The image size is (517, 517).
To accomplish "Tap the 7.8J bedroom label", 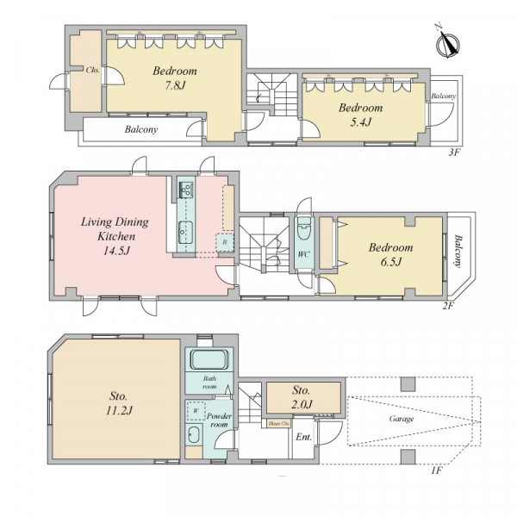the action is tap(175, 78).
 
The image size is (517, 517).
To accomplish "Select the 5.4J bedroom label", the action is tap(361, 115).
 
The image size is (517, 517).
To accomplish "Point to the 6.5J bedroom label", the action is tap(390, 255).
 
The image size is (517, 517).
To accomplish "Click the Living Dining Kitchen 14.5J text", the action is tap(115, 236).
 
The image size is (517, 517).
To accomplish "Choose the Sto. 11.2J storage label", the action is tap(119, 403).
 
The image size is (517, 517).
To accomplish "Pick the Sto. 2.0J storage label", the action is tap(301, 396).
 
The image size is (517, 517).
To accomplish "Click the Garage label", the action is tap(402, 419).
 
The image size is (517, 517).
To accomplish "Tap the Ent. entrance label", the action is tap(303, 437).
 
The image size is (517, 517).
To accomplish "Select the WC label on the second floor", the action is tap(303, 254).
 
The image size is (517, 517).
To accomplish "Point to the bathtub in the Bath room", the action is tap(209, 359).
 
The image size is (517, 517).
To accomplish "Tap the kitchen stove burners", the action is tap(186, 190).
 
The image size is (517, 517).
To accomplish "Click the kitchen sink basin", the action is tap(186, 233).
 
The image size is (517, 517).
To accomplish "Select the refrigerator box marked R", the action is tap(225, 242).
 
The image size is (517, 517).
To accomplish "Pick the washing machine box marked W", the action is tap(196, 411).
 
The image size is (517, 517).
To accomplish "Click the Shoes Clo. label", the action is tap(279, 423).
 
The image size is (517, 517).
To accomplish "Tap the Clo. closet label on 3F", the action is tap(93, 71).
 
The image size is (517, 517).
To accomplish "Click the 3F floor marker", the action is tap(454, 153).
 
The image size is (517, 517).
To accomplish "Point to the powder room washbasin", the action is tap(194, 435).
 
